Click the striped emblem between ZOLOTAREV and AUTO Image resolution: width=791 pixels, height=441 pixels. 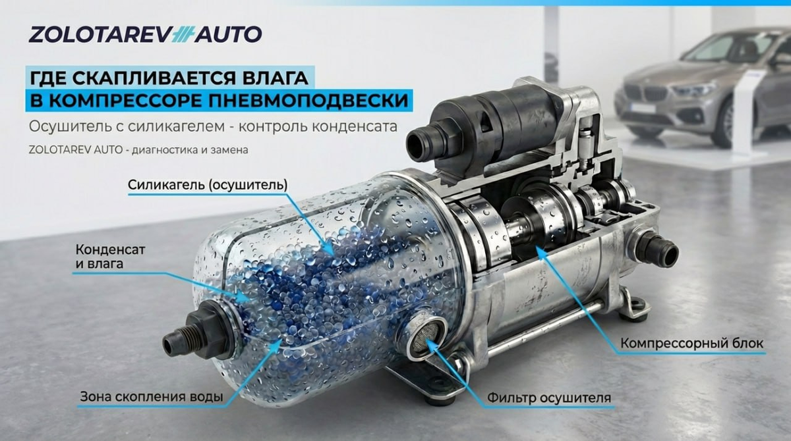[181, 34]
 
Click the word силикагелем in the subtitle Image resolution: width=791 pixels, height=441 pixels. [176, 126]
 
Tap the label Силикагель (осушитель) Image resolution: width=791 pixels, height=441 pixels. [208, 185]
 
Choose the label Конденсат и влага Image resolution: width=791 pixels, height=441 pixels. [110, 257]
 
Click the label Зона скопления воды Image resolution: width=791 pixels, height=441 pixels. [152, 397]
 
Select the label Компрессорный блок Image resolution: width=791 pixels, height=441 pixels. [691, 343]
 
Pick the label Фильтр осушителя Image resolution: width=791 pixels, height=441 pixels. [549, 398]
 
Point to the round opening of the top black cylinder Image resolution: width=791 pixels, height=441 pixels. [418, 145]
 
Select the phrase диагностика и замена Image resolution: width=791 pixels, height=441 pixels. [190, 150]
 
